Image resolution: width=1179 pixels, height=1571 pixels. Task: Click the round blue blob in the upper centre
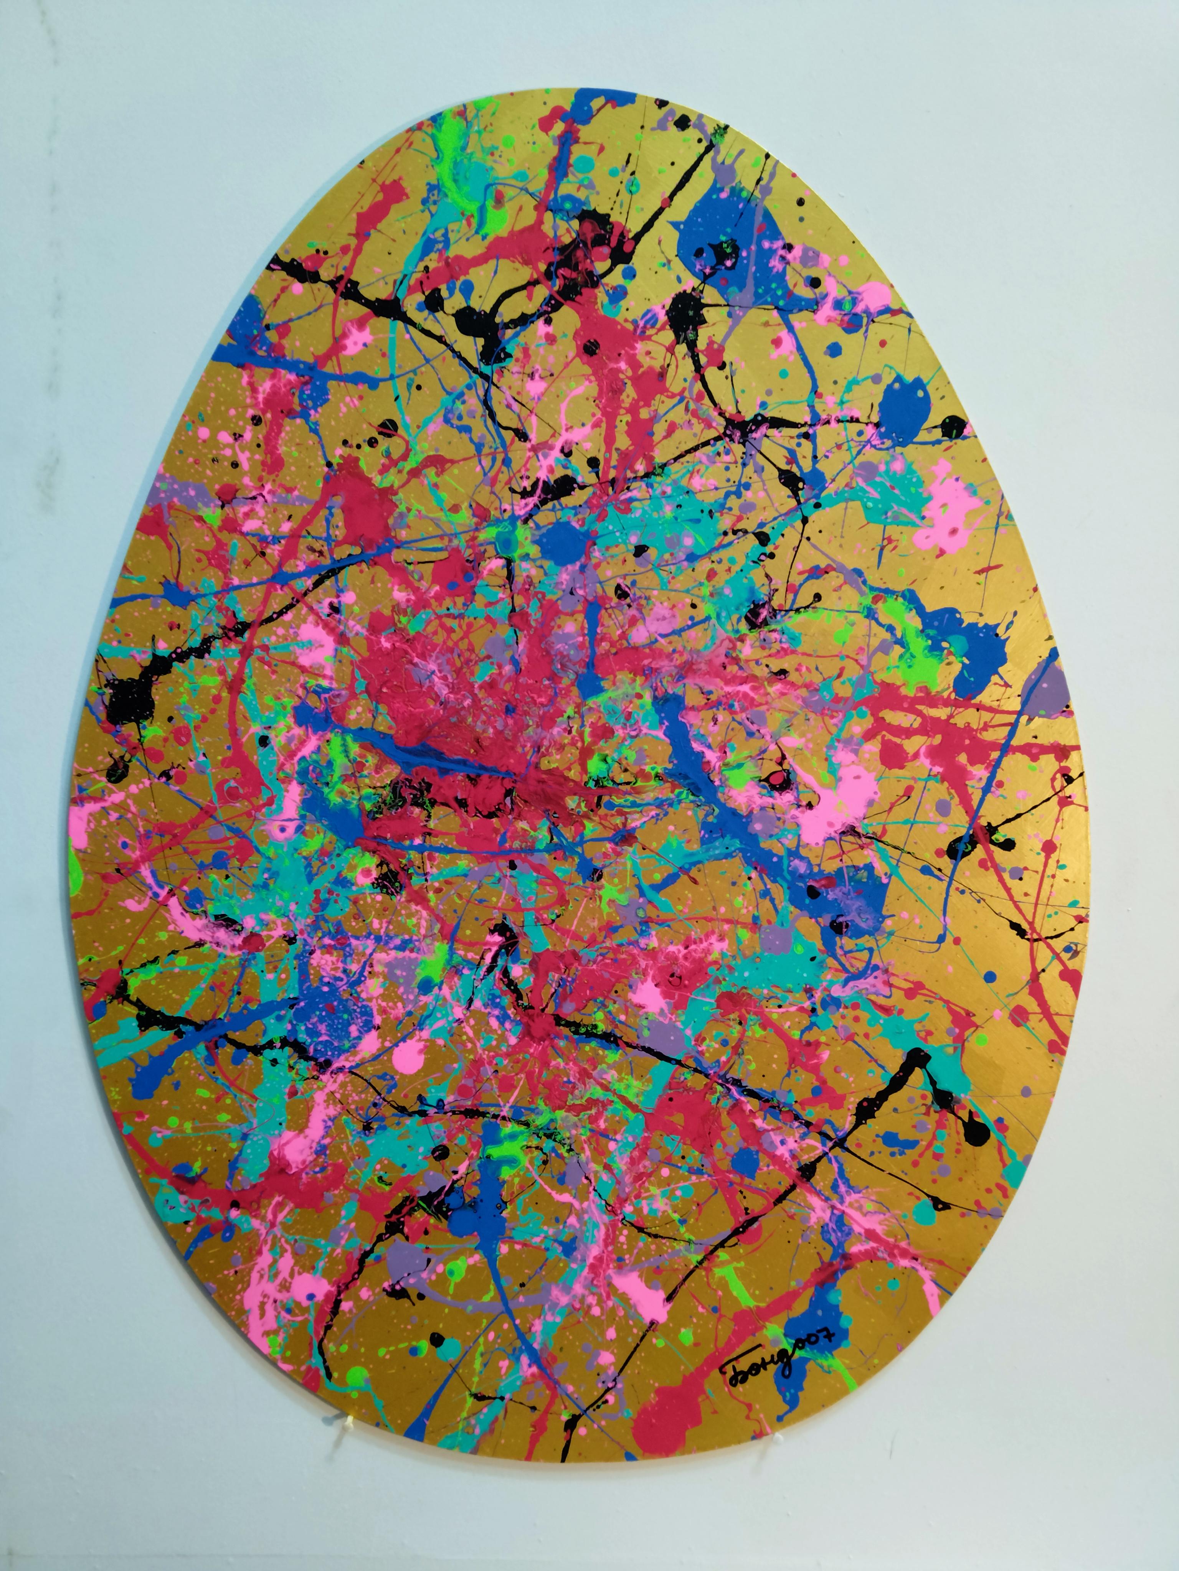pyautogui.click(x=561, y=543)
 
